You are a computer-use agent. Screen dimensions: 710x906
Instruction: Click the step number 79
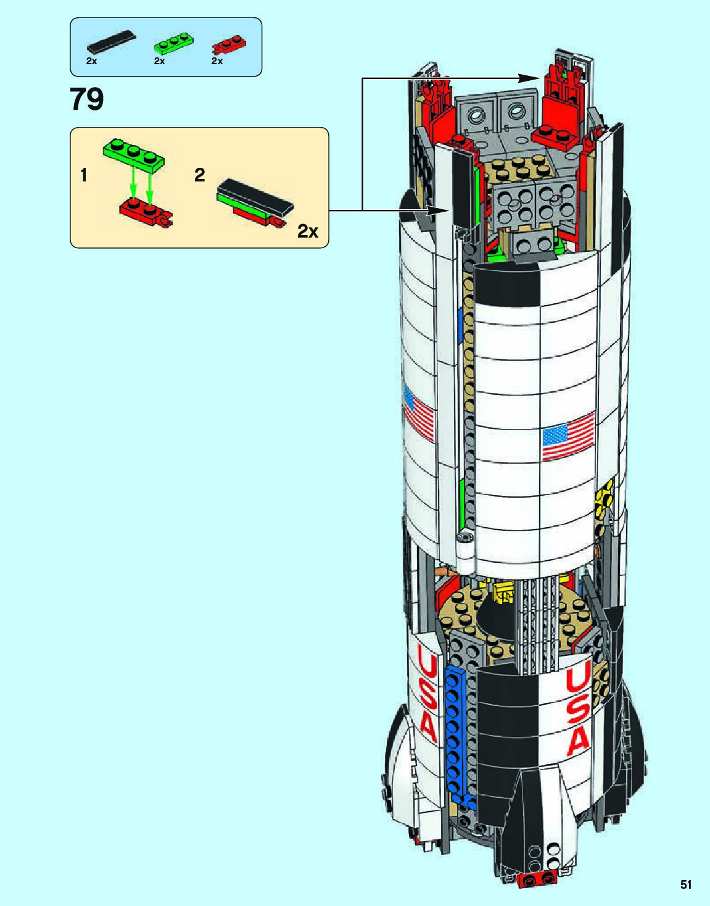(x=87, y=99)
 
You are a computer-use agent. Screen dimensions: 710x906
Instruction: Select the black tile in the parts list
(x=111, y=41)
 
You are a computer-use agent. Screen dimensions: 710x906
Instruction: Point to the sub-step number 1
(x=83, y=176)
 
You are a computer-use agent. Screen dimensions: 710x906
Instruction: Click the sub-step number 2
(x=199, y=175)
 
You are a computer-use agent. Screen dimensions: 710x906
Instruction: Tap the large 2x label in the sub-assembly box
(x=308, y=231)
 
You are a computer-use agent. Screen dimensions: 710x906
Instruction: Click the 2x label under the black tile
(x=91, y=61)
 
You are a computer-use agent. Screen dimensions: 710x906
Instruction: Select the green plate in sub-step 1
(x=133, y=155)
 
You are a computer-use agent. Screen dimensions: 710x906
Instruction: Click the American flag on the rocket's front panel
(x=568, y=436)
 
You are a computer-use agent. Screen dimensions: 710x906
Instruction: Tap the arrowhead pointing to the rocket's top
(x=529, y=78)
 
